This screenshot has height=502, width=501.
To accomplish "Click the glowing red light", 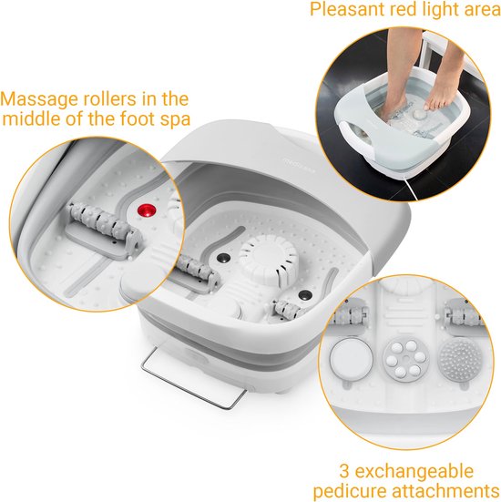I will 143,212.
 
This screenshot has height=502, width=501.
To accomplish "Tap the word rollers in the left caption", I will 106,98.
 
